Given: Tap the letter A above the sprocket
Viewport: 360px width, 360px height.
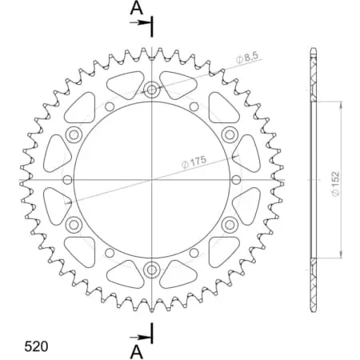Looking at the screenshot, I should coord(137,9).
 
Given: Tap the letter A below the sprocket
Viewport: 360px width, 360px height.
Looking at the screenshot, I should coord(137,350).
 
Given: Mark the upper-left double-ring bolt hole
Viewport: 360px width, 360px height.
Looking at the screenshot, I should coord(74,134).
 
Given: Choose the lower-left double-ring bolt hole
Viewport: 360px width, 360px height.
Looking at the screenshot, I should coord(74,224).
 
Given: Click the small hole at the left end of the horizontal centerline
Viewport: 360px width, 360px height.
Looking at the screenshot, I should coord(66,179).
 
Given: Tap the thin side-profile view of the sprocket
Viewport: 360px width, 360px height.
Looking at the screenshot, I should coord(312,179).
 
